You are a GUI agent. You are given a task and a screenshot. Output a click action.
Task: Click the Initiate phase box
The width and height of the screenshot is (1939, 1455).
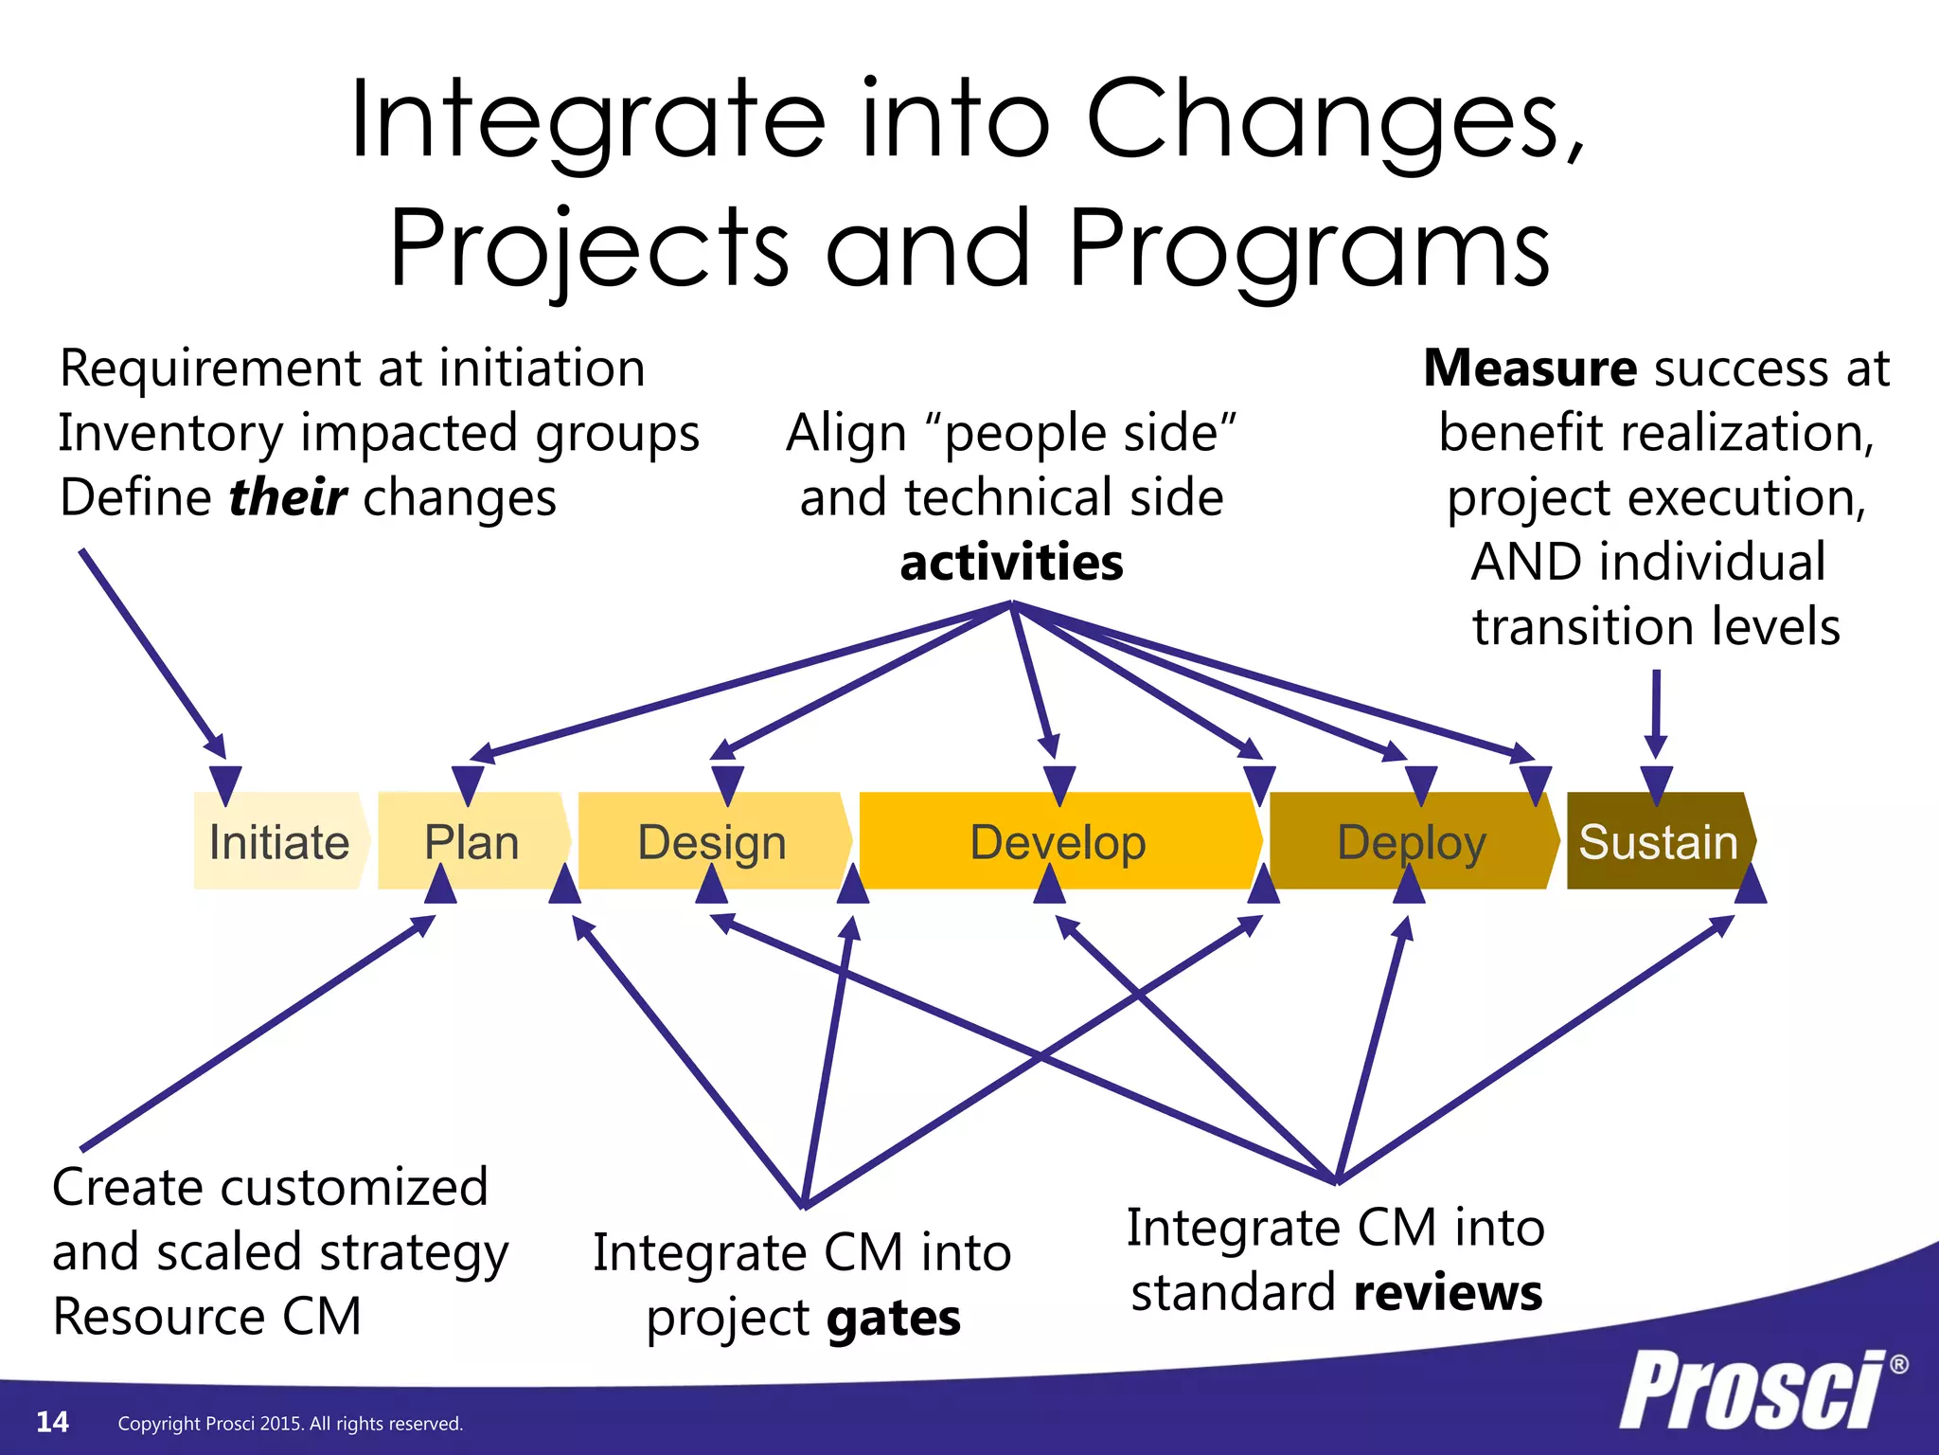pos(279,841)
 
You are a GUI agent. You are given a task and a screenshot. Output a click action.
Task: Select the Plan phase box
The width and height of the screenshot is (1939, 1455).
pos(471,841)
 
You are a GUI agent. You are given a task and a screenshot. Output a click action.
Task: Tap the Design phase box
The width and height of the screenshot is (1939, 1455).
pos(713,841)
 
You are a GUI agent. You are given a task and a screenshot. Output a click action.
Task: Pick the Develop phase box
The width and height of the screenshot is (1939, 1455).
pos(1058,841)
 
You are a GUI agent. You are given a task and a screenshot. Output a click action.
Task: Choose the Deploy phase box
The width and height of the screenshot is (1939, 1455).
pos(1411,841)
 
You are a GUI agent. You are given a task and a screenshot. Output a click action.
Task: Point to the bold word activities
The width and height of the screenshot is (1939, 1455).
pos(1011,562)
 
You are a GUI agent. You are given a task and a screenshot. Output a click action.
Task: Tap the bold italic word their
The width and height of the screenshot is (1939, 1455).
pos(288,497)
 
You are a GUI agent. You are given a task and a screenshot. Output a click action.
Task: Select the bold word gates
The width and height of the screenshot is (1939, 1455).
pos(893,1318)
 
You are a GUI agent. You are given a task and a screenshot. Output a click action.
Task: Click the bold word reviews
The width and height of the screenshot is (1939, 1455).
pos(1448,1292)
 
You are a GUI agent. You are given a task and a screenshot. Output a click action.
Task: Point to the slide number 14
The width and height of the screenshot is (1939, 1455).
pos(52,1422)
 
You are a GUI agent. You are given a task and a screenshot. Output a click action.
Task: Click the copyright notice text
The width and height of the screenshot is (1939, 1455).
pos(290,1424)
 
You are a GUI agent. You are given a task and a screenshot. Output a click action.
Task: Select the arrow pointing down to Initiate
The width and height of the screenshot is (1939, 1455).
pos(151,654)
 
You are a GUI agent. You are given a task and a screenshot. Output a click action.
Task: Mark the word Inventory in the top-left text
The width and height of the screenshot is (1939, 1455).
pos(170,433)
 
